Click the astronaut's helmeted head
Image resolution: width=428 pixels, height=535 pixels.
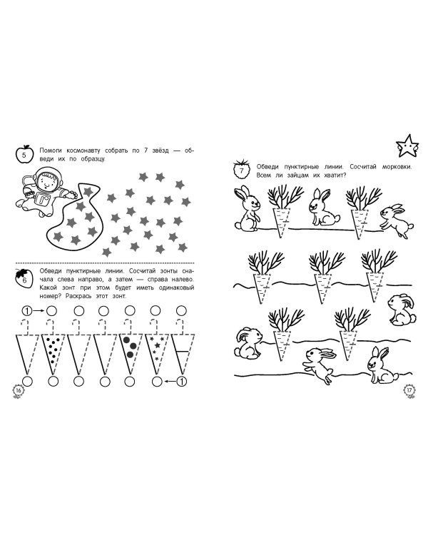tap(46, 179)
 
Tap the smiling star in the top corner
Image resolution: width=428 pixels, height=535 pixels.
tap(407, 146)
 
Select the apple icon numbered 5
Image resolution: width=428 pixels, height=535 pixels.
tap(24, 154)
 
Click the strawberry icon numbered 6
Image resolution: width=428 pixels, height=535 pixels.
tap(24, 278)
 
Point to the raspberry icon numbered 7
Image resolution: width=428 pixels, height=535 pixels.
tap(241, 169)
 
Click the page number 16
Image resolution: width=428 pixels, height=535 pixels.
tap(18, 390)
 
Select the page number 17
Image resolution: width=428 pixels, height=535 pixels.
tap(409, 390)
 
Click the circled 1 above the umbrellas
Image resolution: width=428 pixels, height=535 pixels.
tap(27, 311)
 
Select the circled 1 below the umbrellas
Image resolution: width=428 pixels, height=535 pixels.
tap(183, 381)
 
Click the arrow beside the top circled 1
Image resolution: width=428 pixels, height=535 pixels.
tap(39, 311)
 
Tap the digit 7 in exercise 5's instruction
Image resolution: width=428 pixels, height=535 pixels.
tap(146, 151)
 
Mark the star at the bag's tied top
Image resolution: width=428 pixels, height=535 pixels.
tap(88, 191)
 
